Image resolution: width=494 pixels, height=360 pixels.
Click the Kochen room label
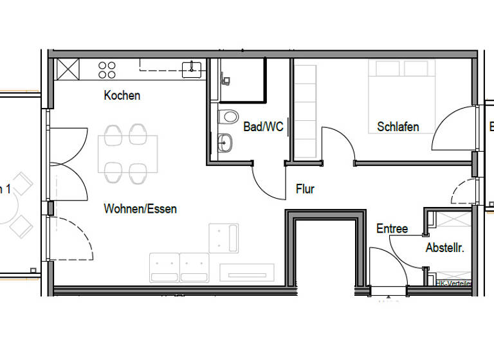tap(122, 95)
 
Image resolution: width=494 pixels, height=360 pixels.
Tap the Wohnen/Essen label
tap(140, 209)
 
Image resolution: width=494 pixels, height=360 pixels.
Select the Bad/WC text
tap(263, 127)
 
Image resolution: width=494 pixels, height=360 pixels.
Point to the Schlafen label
tap(398, 127)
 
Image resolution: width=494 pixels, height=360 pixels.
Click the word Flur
tap(305, 189)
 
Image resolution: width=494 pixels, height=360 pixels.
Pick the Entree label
tap(392, 229)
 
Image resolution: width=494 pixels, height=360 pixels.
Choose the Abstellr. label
tap(444, 248)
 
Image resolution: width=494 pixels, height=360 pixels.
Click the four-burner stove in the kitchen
tap(107, 69)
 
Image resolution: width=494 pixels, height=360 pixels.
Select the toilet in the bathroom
tap(227, 117)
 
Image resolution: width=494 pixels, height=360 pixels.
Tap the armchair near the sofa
tap(224, 238)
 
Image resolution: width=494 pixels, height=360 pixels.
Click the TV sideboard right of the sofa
tap(247, 273)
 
